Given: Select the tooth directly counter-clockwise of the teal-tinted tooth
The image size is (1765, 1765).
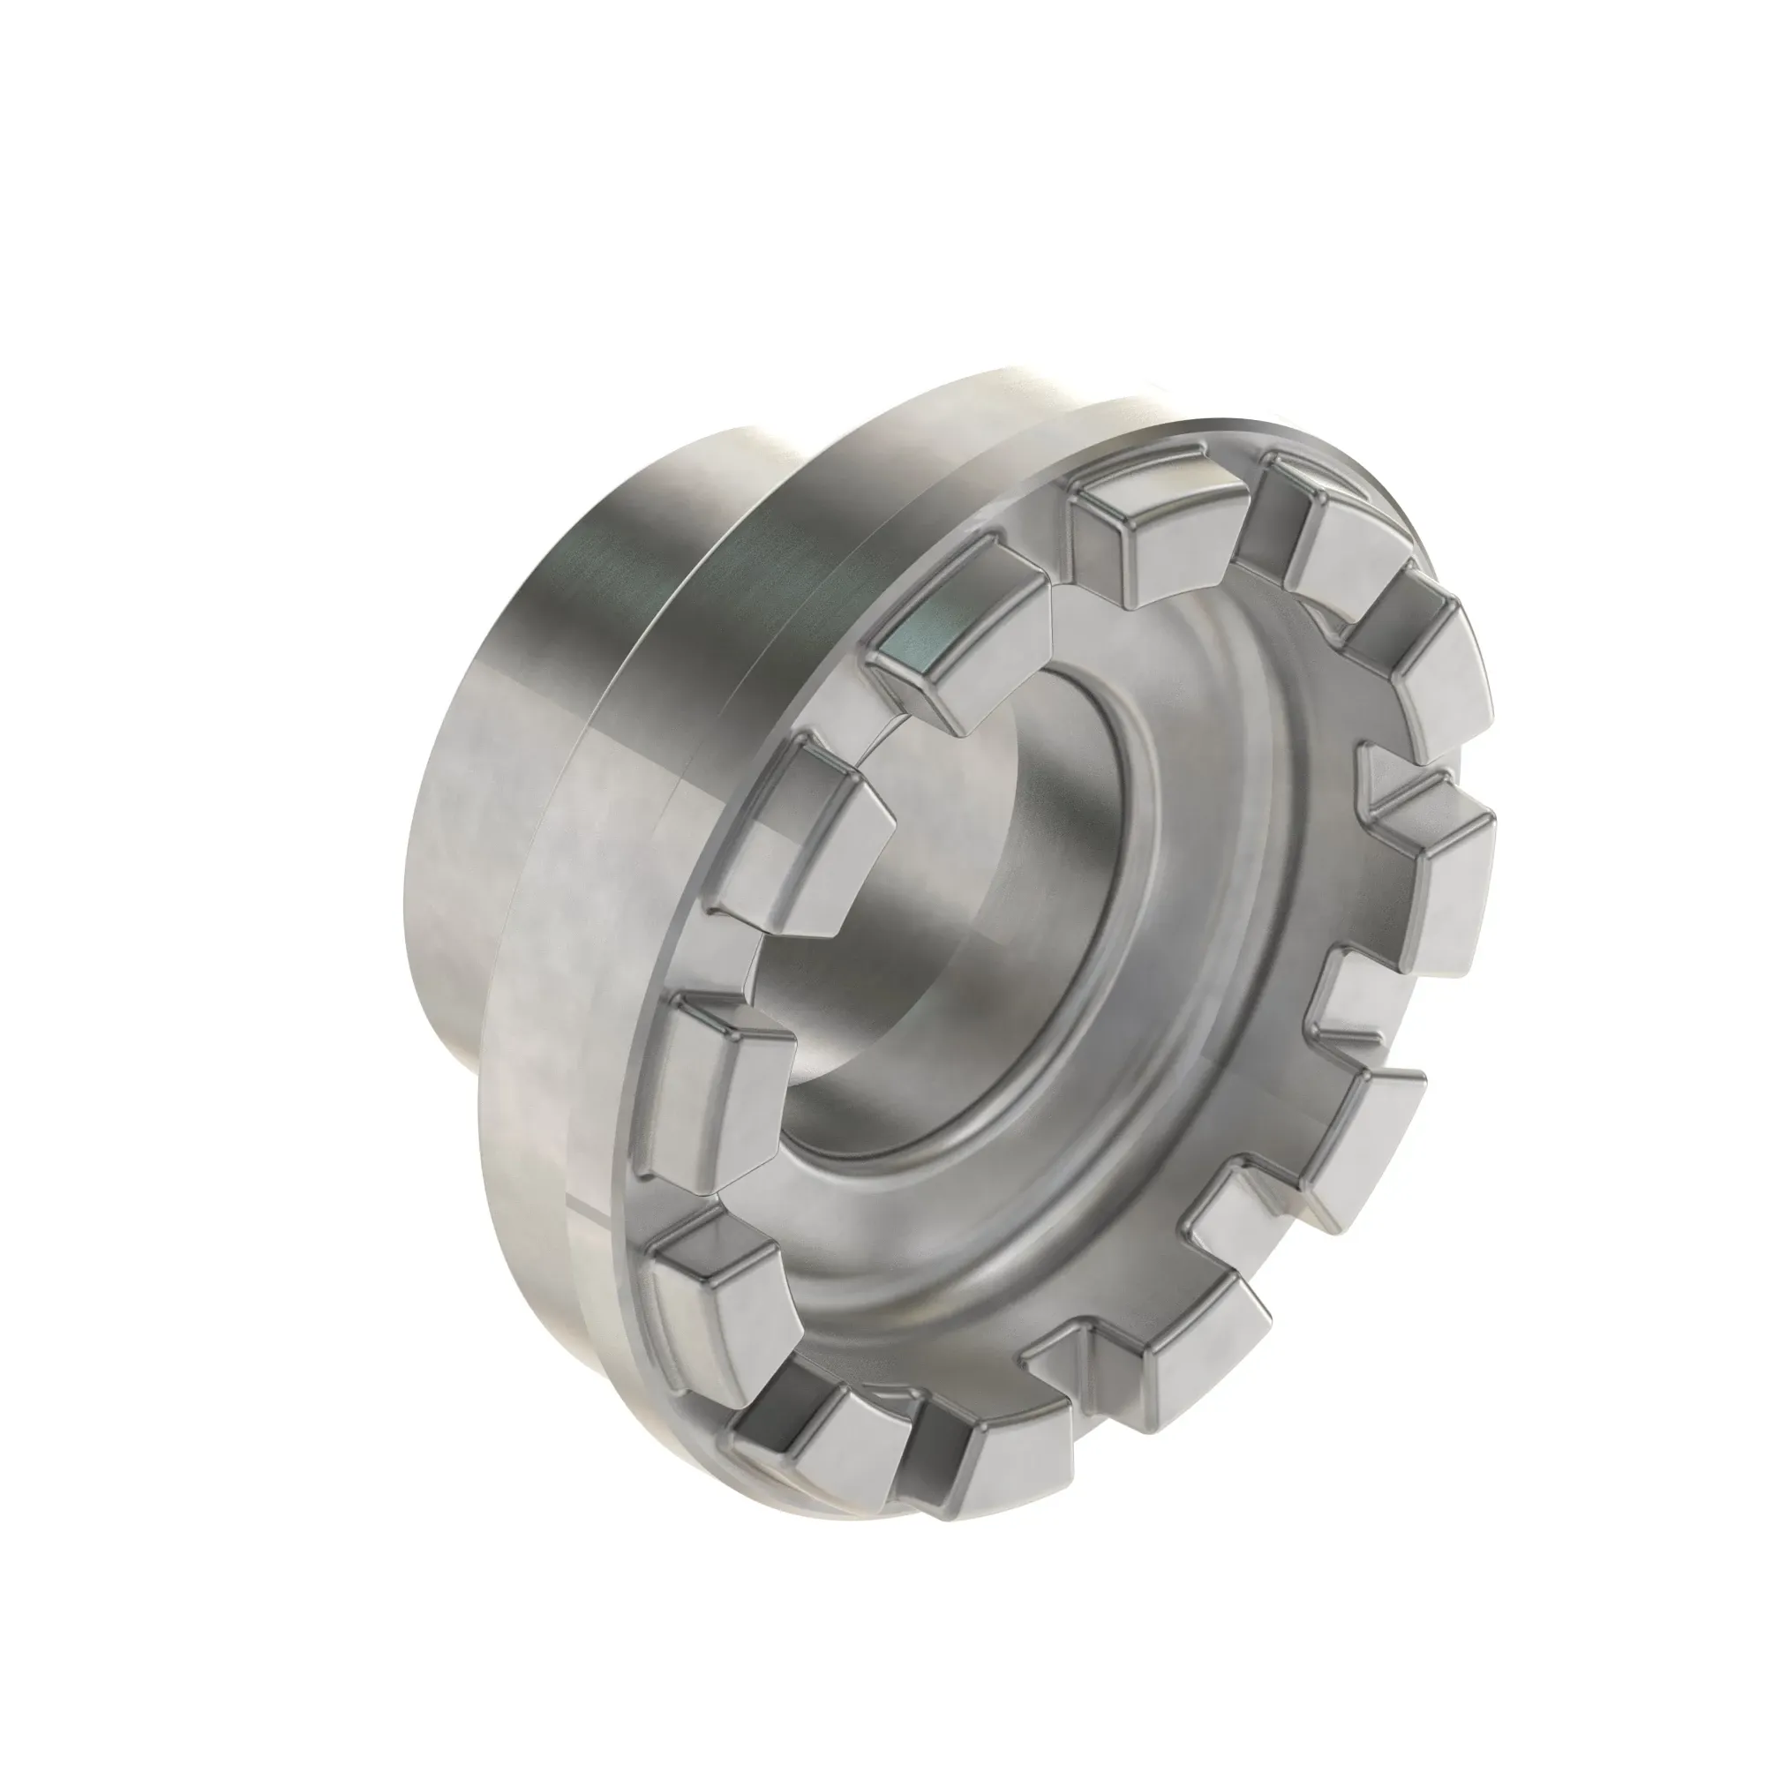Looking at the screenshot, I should [x=804, y=813].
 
